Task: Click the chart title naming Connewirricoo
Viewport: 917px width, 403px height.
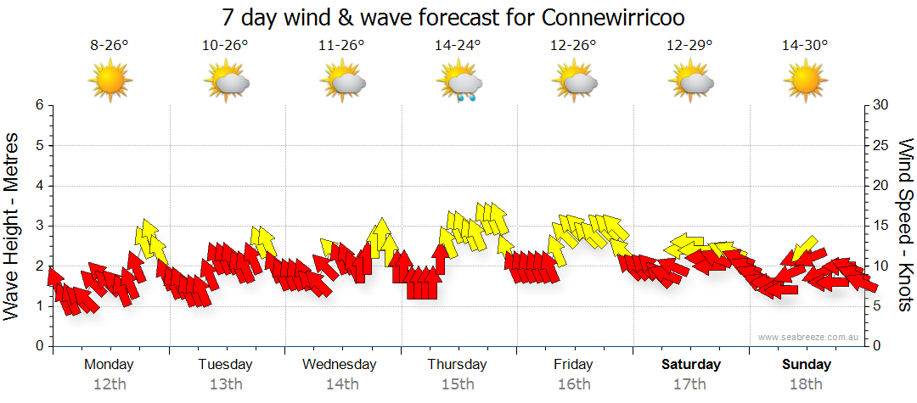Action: click(x=453, y=17)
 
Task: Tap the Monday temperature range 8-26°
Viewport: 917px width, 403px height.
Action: click(x=110, y=47)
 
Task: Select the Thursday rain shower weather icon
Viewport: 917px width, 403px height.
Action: click(x=459, y=83)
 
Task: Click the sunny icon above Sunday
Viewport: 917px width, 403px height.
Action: click(x=805, y=82)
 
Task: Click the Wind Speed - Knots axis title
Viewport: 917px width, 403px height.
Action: click(x=905, y=225)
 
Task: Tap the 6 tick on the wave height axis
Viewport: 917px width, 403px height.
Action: click(x=38, y=105)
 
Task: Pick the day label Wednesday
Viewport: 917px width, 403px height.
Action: click(x=340, y=365)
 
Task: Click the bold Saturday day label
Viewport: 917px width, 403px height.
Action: click(x=691, y=365)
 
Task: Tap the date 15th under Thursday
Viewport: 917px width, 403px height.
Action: click(x=458, y=384)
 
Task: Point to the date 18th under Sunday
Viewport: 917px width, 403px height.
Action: click(x=807, y=384)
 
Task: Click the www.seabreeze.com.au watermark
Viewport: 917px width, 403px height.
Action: click(x=809, y=337)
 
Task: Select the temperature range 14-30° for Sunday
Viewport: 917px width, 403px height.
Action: click(x=805, y=47)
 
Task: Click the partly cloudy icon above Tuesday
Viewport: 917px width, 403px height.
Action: click(x=226, y=82)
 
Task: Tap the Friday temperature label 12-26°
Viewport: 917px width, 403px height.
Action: click(x=573, y=47)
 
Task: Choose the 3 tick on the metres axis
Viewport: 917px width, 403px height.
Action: click(x=38, y=226)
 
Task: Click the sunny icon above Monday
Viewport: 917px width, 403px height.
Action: click(x=110, y=82)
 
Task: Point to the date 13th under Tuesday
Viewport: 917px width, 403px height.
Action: click(x=225, y=384)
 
